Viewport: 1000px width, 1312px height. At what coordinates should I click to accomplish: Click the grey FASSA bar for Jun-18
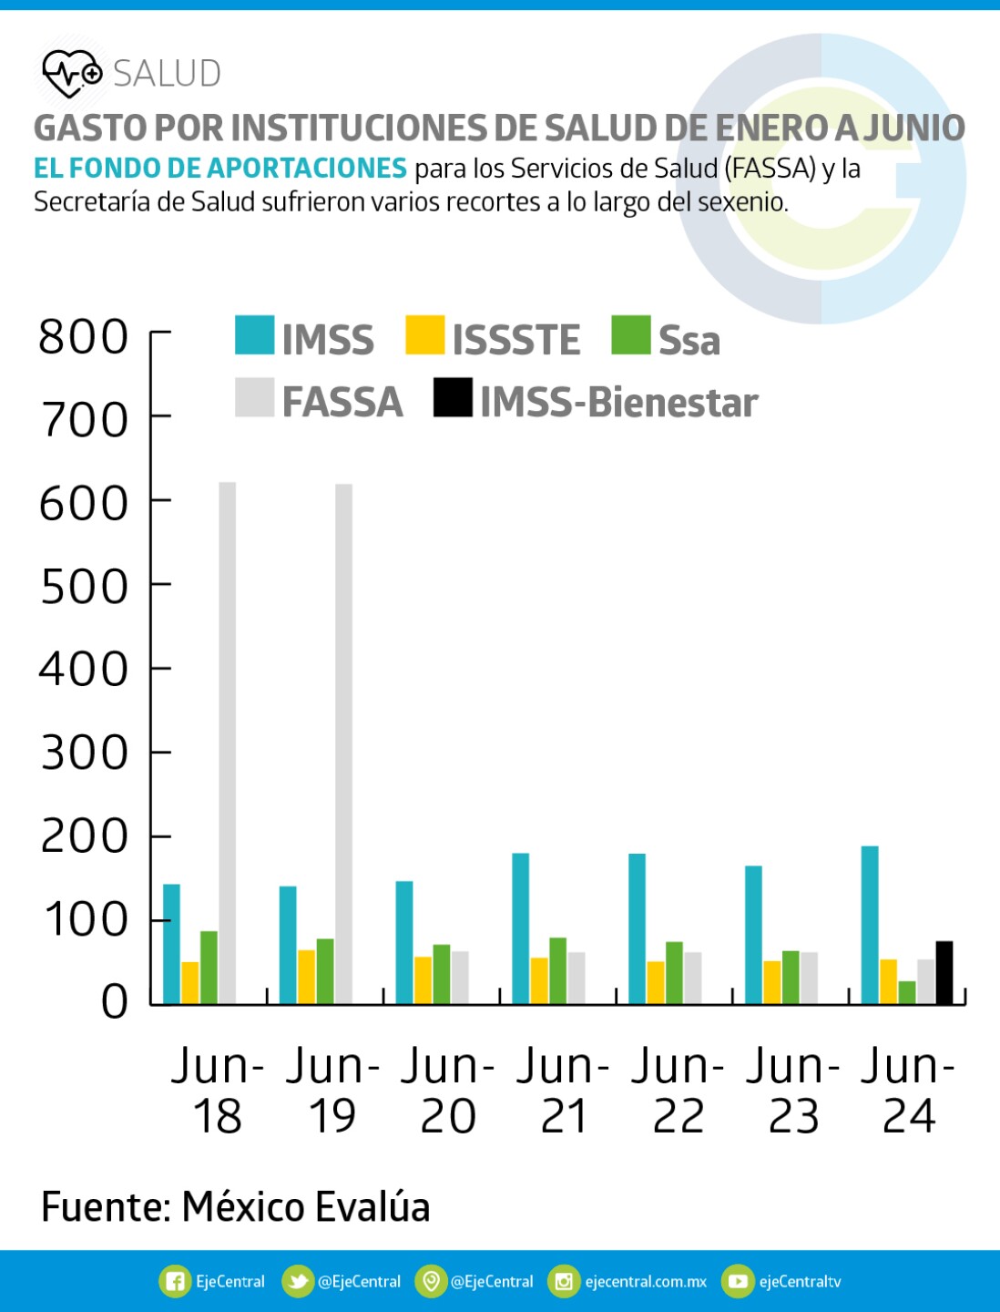click(227, 743)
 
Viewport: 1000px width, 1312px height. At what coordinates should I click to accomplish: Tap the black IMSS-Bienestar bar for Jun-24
click(944, 973)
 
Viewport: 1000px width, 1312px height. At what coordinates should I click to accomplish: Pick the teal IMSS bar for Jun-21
click(520, 928)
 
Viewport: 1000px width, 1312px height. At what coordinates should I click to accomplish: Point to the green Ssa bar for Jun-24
click(907, 992)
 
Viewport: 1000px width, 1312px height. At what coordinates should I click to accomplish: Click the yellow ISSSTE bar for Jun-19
click(306, 977)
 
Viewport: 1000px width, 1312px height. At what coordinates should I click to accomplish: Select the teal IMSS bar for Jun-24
click(870, 925)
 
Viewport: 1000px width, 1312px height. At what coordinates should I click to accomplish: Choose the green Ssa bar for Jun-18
click(209, 968)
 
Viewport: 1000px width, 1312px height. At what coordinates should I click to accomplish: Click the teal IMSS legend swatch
click(254, 335)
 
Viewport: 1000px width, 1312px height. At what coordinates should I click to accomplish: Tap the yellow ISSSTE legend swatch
click(424, 335)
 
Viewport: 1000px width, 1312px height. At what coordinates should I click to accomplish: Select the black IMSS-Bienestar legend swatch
click(453, 397)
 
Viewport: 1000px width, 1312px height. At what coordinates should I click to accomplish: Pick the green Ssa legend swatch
click(631, 335)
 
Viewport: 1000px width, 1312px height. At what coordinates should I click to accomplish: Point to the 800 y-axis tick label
click(84, 336)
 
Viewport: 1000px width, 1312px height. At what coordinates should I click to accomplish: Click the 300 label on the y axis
click(84, 753)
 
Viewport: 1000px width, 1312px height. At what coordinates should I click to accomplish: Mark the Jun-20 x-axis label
click(447, 1091)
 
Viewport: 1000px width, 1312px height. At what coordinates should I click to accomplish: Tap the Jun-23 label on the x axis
click(793, 1091)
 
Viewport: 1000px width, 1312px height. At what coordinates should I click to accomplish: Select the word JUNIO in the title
click(913, 128)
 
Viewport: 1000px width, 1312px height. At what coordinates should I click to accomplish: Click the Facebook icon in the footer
click(174, 1281)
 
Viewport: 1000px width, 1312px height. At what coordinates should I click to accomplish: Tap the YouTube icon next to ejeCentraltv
click(738, 1281)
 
